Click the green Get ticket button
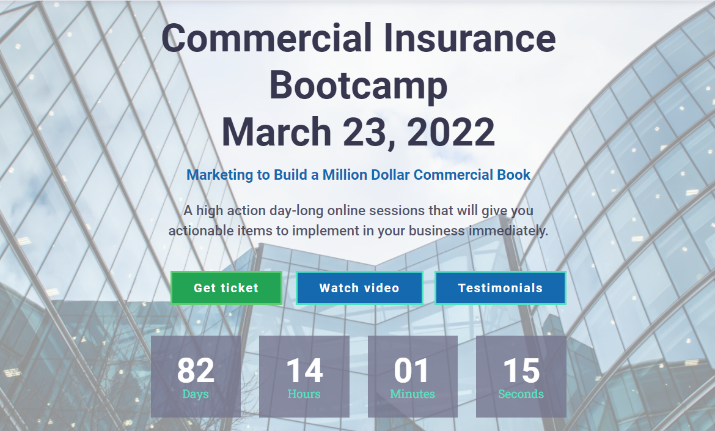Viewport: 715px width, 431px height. [x=226, y=288]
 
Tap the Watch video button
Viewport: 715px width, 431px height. [x=359, y=288]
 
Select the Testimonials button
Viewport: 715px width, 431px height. [x=500, y=288]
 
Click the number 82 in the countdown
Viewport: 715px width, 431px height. [x=196, y=370]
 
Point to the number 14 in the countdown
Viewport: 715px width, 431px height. [x=304, y=370]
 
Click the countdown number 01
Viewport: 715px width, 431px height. [x=413, y=370]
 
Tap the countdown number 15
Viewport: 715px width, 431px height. [x=521, y=370]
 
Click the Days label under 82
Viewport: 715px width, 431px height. [x=196, y=394]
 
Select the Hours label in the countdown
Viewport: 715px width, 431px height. [x=304, y=394]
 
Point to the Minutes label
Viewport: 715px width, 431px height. [x=413, y=394]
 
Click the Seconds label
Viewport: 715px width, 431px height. [x=521, y=394]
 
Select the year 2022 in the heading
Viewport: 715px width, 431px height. [x=451, y=131]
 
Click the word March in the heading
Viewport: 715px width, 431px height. [x=276, y=131]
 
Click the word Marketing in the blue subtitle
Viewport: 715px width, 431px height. [x=219, y=175]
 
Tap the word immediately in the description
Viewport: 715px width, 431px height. [x=508, y=231]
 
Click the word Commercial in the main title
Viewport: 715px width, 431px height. [x=267, y=38]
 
